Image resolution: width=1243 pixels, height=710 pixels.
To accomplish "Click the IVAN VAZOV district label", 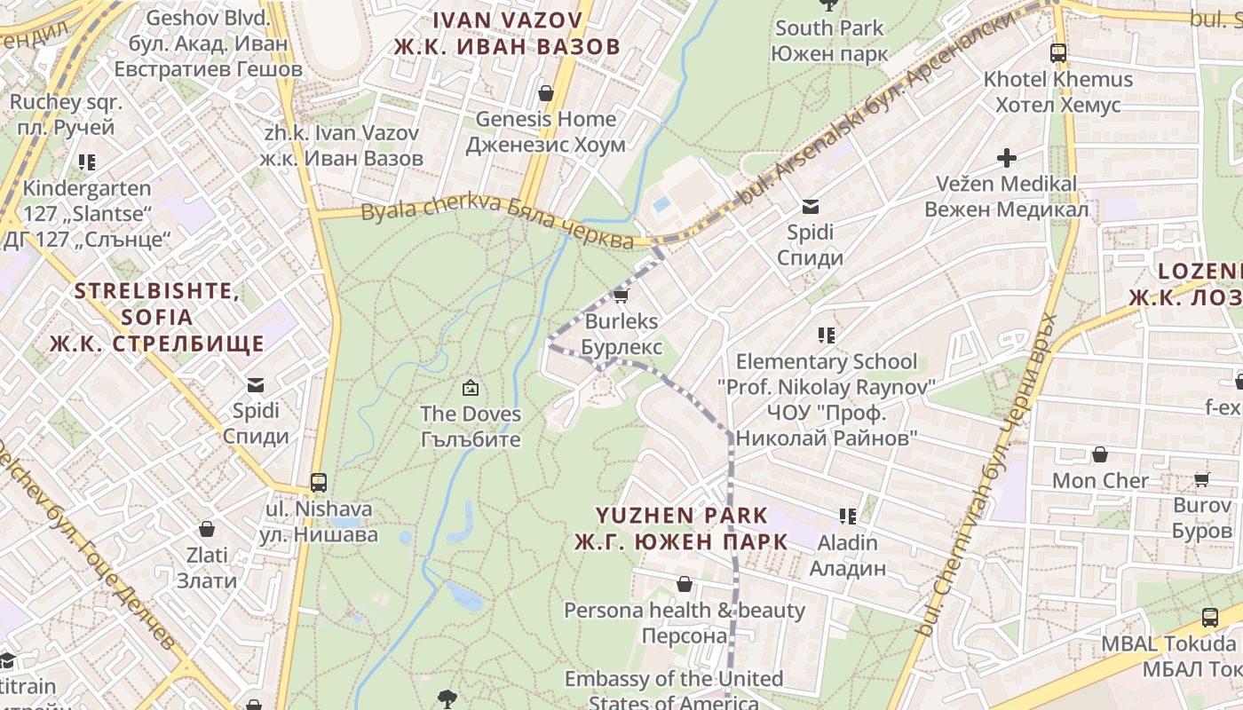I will (x=507, y=33).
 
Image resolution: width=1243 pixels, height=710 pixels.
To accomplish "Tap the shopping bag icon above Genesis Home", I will (x=546, y=93).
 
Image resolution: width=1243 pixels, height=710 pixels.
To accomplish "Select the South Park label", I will (x=829, y=41).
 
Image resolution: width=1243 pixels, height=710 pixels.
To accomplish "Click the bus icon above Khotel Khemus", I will (x=1057, y=53).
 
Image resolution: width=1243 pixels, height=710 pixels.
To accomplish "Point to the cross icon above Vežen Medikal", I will (x=1006, y=159).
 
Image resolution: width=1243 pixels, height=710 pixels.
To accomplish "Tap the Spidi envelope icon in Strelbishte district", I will (x=256, y=385).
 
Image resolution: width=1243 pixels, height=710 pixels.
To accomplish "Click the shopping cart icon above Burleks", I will (x=621, y=296).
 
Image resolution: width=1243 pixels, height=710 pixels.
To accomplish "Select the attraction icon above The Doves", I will (x=470, y=388).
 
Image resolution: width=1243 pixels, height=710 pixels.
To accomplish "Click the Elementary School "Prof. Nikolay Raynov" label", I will (x=827, y=399).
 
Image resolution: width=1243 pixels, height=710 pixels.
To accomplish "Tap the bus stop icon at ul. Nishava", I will (x=318, y=483).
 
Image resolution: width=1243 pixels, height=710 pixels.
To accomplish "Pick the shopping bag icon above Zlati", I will (x=207, y=530).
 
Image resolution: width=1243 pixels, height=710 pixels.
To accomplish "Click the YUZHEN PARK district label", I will (x=681, y=528).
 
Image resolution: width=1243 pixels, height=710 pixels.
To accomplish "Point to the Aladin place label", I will (x=848, y=556).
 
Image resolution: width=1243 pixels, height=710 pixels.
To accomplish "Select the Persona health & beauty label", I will (x=685, y=623).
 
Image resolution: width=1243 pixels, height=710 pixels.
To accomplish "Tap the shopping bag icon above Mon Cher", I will (x=1099, y=455).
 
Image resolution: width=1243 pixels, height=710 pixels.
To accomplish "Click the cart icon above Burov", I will (x=1201, y=480).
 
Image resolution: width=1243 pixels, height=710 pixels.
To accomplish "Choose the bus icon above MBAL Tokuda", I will (x=1209, y=618).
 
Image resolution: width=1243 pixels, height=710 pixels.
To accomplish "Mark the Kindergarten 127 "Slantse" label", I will (x=87, y=214).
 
